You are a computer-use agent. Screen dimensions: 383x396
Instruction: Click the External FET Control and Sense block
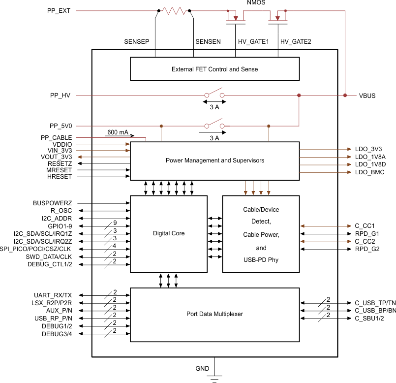(214, 69)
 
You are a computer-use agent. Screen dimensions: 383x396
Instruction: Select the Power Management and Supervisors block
(214, 160)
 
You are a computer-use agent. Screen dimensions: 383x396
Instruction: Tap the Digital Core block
(169, 233)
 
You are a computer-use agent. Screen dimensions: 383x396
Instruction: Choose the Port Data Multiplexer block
(214, 314)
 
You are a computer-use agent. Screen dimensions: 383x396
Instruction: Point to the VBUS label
(367, 96)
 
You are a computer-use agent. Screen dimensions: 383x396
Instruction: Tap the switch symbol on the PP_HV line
(214, 94)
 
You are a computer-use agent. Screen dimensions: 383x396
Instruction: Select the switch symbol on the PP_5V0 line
(214, 124)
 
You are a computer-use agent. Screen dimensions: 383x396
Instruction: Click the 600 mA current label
(118, 132)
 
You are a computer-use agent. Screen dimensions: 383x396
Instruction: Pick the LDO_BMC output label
(369, 172)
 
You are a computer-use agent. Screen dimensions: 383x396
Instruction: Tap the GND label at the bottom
(202, 369)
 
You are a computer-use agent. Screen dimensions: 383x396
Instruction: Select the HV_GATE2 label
(296, 42)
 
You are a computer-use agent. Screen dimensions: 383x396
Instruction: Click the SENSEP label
(136, 42)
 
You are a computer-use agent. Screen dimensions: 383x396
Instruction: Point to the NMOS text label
(256, 3)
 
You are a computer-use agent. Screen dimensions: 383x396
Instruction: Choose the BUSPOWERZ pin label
(53, 202)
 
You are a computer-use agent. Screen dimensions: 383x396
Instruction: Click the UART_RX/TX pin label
(53, 295)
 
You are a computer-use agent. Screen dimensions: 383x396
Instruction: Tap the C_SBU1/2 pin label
(369, 319)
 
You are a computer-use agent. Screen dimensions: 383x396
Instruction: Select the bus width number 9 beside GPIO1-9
(115, 222)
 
